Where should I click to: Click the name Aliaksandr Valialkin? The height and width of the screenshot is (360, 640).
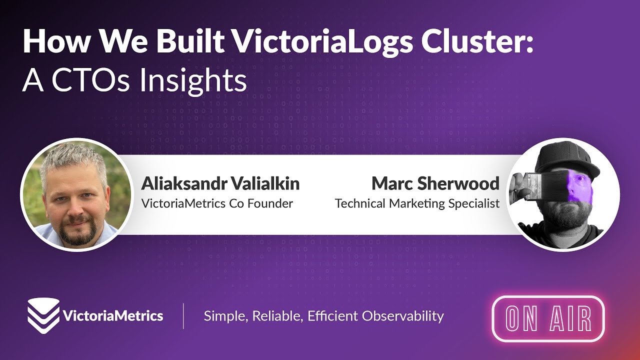[220, 183]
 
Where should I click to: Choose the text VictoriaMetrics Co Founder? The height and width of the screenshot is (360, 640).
[217, 203]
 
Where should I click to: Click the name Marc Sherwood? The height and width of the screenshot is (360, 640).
[435, 183]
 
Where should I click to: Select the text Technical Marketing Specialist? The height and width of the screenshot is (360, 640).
[417, 203]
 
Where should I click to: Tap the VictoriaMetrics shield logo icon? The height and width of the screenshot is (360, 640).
[43, 315]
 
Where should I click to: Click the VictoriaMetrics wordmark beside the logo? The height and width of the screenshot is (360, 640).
[113, 316]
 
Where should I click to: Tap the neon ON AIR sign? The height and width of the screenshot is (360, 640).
[548, 319]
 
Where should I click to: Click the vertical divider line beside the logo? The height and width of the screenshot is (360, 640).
[183, 316]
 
